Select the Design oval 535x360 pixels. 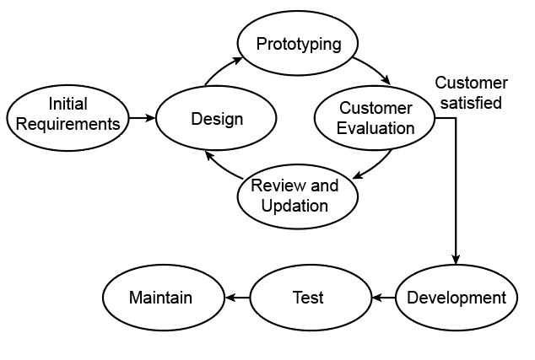coord(217,118)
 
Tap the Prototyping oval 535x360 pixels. coord(298,42)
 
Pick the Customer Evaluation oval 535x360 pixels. coord(376,118)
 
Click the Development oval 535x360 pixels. coord(456,297)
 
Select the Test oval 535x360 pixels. coord(309,297)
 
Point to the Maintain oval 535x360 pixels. coord(160,297)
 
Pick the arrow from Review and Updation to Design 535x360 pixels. coord(221,166)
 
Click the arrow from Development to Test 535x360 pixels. coord(383,297)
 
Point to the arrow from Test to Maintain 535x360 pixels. coord(235,297)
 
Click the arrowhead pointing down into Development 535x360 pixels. coord(456,259)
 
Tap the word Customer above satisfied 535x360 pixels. coord(471,83)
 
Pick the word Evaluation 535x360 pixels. coord(376,128)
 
